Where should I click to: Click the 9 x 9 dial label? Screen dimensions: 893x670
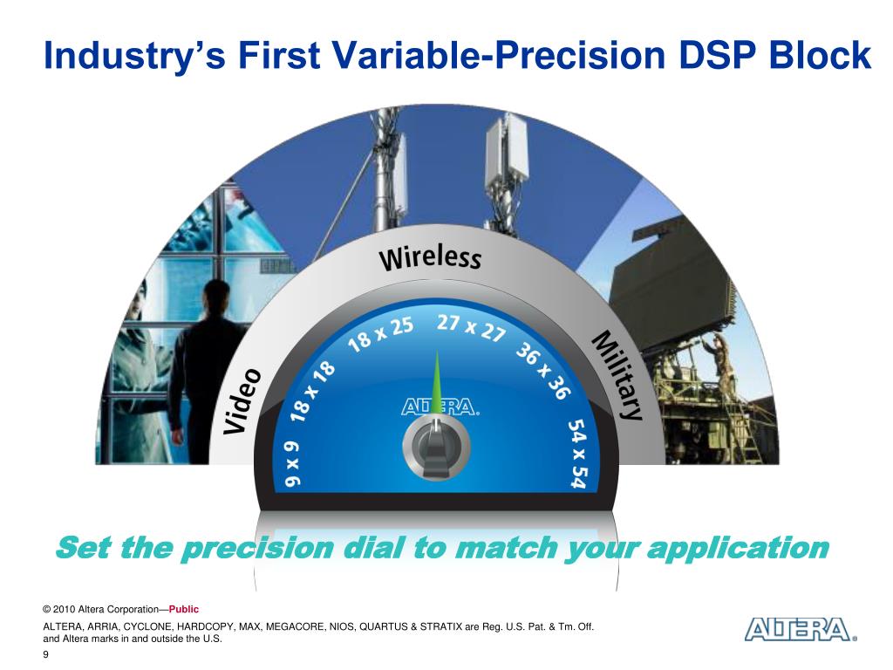pos(293,463)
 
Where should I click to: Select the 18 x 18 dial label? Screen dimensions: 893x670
pos(313,392)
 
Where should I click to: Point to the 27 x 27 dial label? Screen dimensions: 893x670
pos(471,328)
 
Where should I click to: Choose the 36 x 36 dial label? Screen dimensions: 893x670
pos(542,371)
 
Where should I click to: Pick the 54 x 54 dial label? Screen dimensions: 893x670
pos(577,454)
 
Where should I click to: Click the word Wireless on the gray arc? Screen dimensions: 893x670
pos(430,258)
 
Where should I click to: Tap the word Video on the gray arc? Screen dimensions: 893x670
pos(242,401)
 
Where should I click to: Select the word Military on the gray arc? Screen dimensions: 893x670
pos(617,375)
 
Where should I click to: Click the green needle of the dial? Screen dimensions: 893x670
pos(437,382)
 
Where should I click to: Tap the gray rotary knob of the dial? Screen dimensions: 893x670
pos(436,448)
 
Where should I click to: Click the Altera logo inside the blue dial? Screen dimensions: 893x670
pos(440,407)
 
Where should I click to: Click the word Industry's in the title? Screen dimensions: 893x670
pos(134,56)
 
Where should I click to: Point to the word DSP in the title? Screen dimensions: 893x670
pos(718,55)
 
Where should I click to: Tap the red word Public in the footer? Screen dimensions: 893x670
pos(183,609)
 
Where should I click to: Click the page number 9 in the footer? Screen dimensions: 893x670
pos(45,654)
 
